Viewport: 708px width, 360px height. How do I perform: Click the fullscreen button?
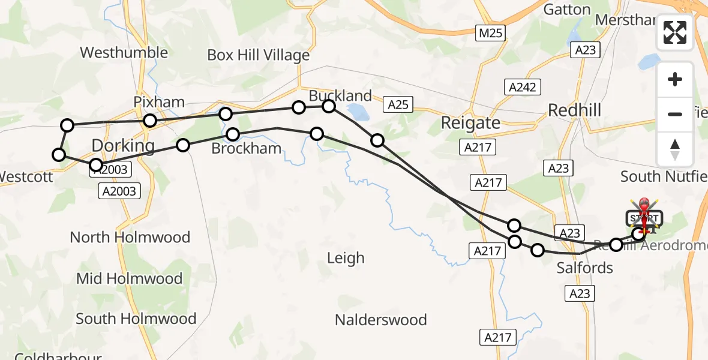(x=675, y=32)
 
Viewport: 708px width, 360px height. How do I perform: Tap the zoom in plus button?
(x=675, y=79)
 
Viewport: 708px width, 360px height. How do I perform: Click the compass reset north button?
(x=675, y=149)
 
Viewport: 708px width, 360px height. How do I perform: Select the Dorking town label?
(x=123, y=145)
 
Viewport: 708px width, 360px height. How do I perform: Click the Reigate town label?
(x=470, y=123)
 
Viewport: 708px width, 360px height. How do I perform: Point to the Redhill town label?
(x=574, y=110)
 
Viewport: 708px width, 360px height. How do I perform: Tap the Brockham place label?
(x=247, y=148)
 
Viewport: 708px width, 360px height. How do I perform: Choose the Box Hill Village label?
(x=259, y=55)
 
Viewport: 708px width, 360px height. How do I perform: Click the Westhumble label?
(x=124, y=52)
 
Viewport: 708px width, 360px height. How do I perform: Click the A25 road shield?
(x=398, y=104)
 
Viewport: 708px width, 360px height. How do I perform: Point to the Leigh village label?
(x=346, y=258)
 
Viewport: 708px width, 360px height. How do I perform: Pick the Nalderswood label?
(x=381, y=319)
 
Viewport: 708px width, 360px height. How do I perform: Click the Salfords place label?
(x=585, y=268)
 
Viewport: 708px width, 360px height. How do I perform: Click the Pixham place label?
(x=159, y=102)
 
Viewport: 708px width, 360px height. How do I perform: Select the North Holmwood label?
(x=130, y=237)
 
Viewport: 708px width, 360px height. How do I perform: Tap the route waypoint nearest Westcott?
(x=59, y=155)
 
